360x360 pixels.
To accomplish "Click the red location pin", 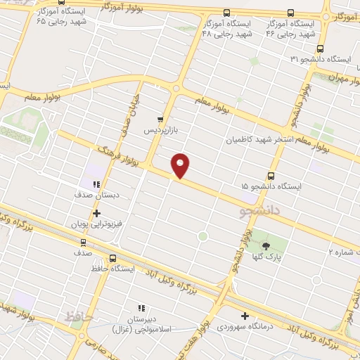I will (181, 165).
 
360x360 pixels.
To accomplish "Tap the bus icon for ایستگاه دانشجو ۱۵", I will (272, 176).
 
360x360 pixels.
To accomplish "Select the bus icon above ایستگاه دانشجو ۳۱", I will (321, 49).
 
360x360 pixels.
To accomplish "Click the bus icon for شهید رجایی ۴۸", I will (226, 13).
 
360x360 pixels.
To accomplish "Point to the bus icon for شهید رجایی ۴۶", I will (290, 13).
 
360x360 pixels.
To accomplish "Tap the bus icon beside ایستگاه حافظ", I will (115, 257).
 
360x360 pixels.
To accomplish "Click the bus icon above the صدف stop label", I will (84, 240).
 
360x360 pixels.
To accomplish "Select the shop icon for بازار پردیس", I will (161, 120).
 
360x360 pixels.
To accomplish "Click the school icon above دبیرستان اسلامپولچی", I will (141, 308).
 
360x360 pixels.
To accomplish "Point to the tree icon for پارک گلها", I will (266, 245).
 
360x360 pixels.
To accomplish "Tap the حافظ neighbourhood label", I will (79, 317).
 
